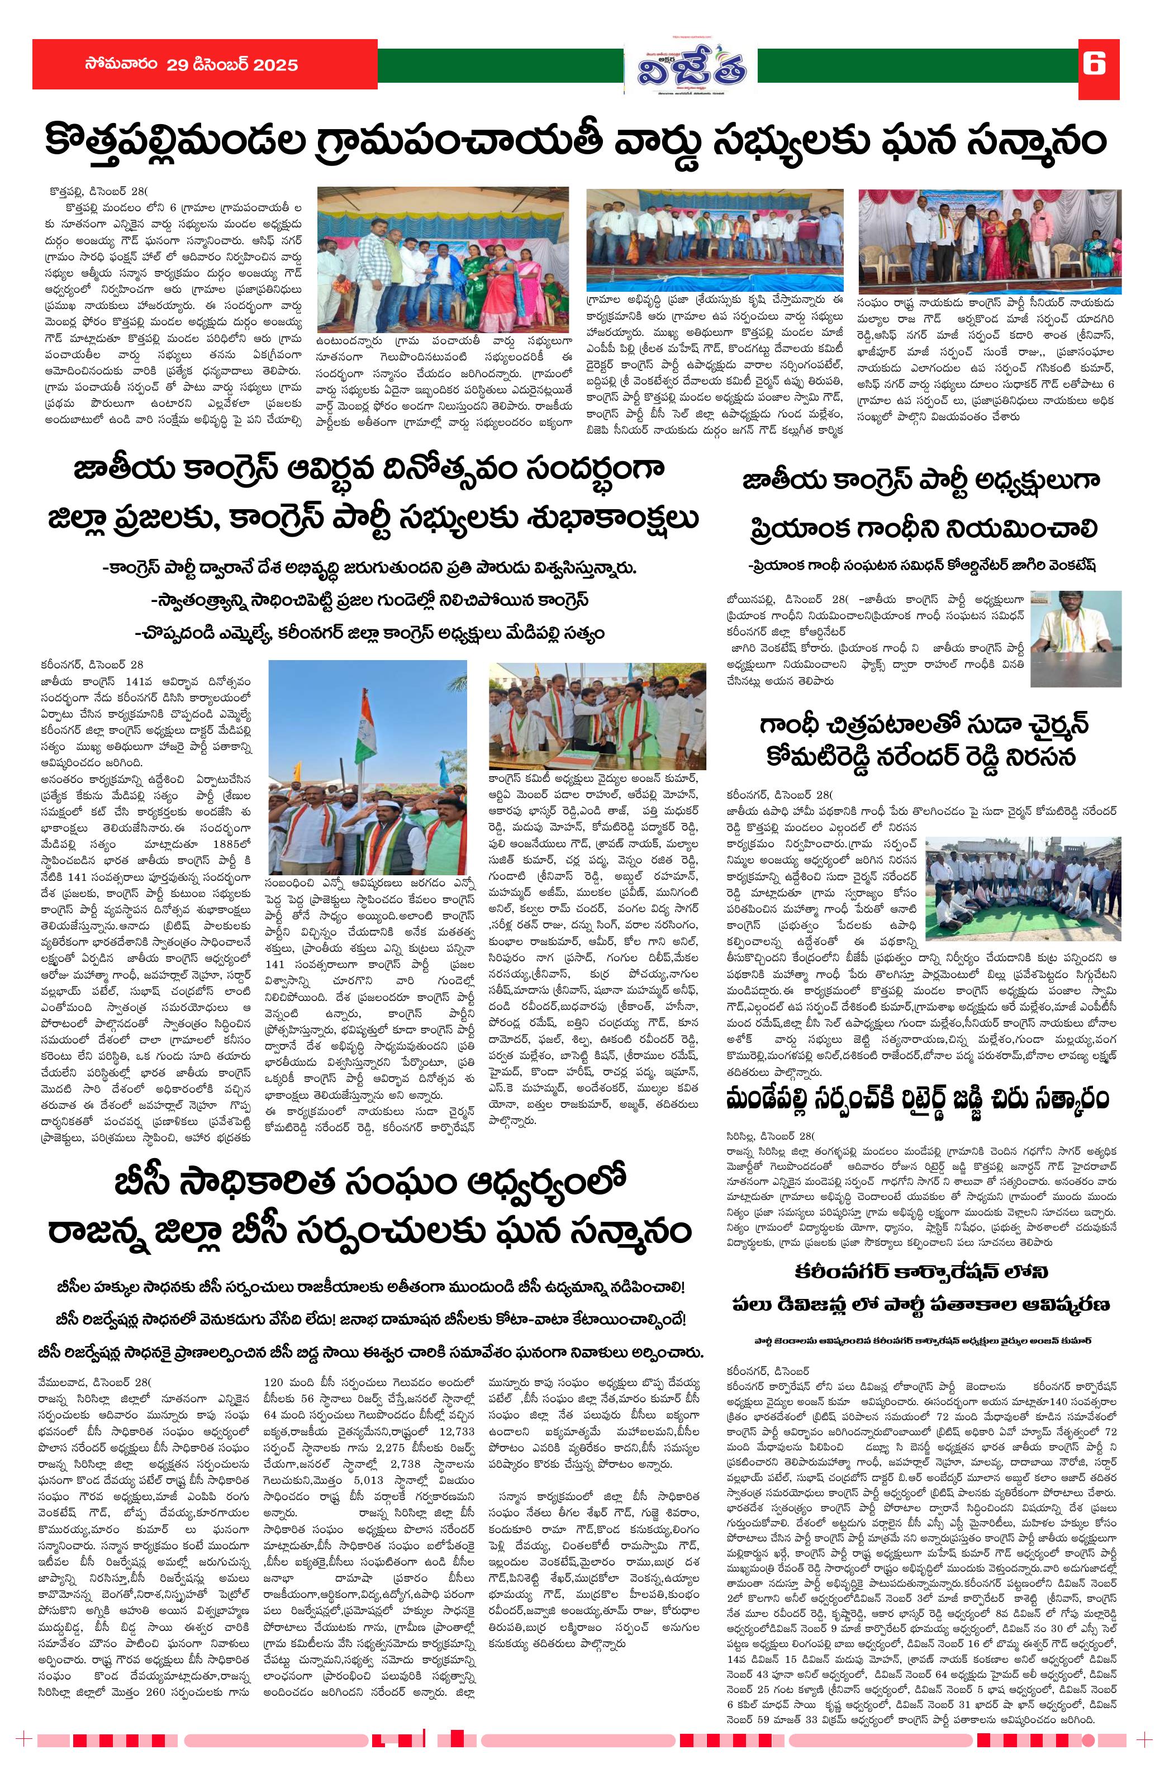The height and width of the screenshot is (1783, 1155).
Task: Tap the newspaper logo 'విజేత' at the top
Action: (x=691, y=70)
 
